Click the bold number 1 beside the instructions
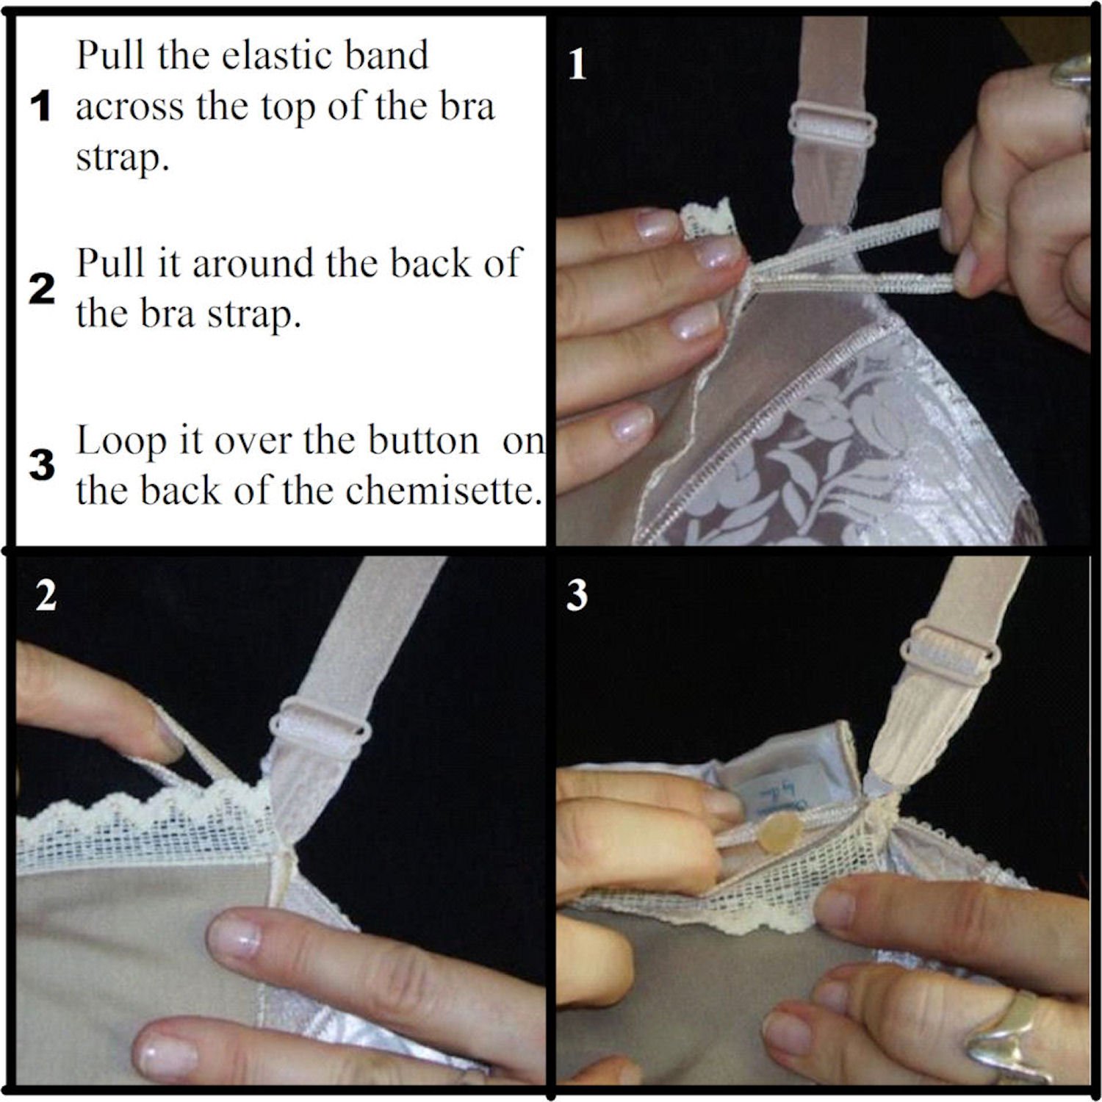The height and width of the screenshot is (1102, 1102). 41,107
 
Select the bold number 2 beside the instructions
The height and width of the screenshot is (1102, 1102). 41,290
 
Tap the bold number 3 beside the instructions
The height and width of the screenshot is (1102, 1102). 41,465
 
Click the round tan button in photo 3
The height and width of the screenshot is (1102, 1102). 777,835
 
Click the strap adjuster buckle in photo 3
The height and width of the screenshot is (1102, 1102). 952,653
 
